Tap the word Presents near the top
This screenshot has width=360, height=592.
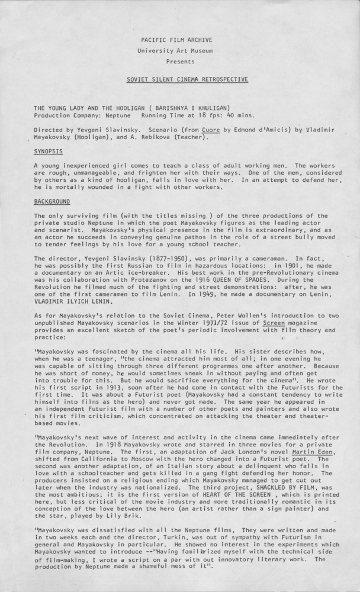[x=180, y=61]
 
